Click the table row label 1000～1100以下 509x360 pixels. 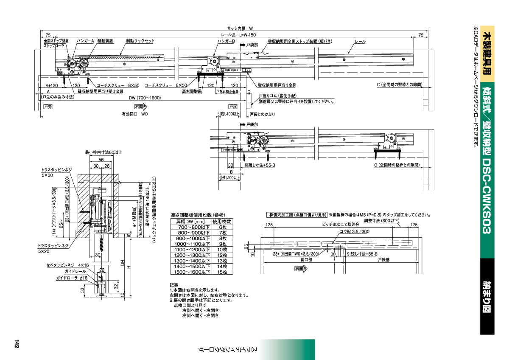pyautogui.click(x=190, y=244)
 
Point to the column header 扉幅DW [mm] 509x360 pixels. pyautogui.click(x=190, y=222)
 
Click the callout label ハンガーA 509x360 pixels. pyautogui.click(x=85, y=41)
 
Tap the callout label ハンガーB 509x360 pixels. pyautogui.click(x=226, y=41)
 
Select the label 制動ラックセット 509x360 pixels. pyautogui.click(x=140, y=41)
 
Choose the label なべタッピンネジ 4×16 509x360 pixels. pyautogui.click(x=67, y=265)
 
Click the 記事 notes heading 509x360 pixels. pyautogui.click(x=173, y=285)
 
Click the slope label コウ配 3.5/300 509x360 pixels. pyautogui.click(x=355, y=231)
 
